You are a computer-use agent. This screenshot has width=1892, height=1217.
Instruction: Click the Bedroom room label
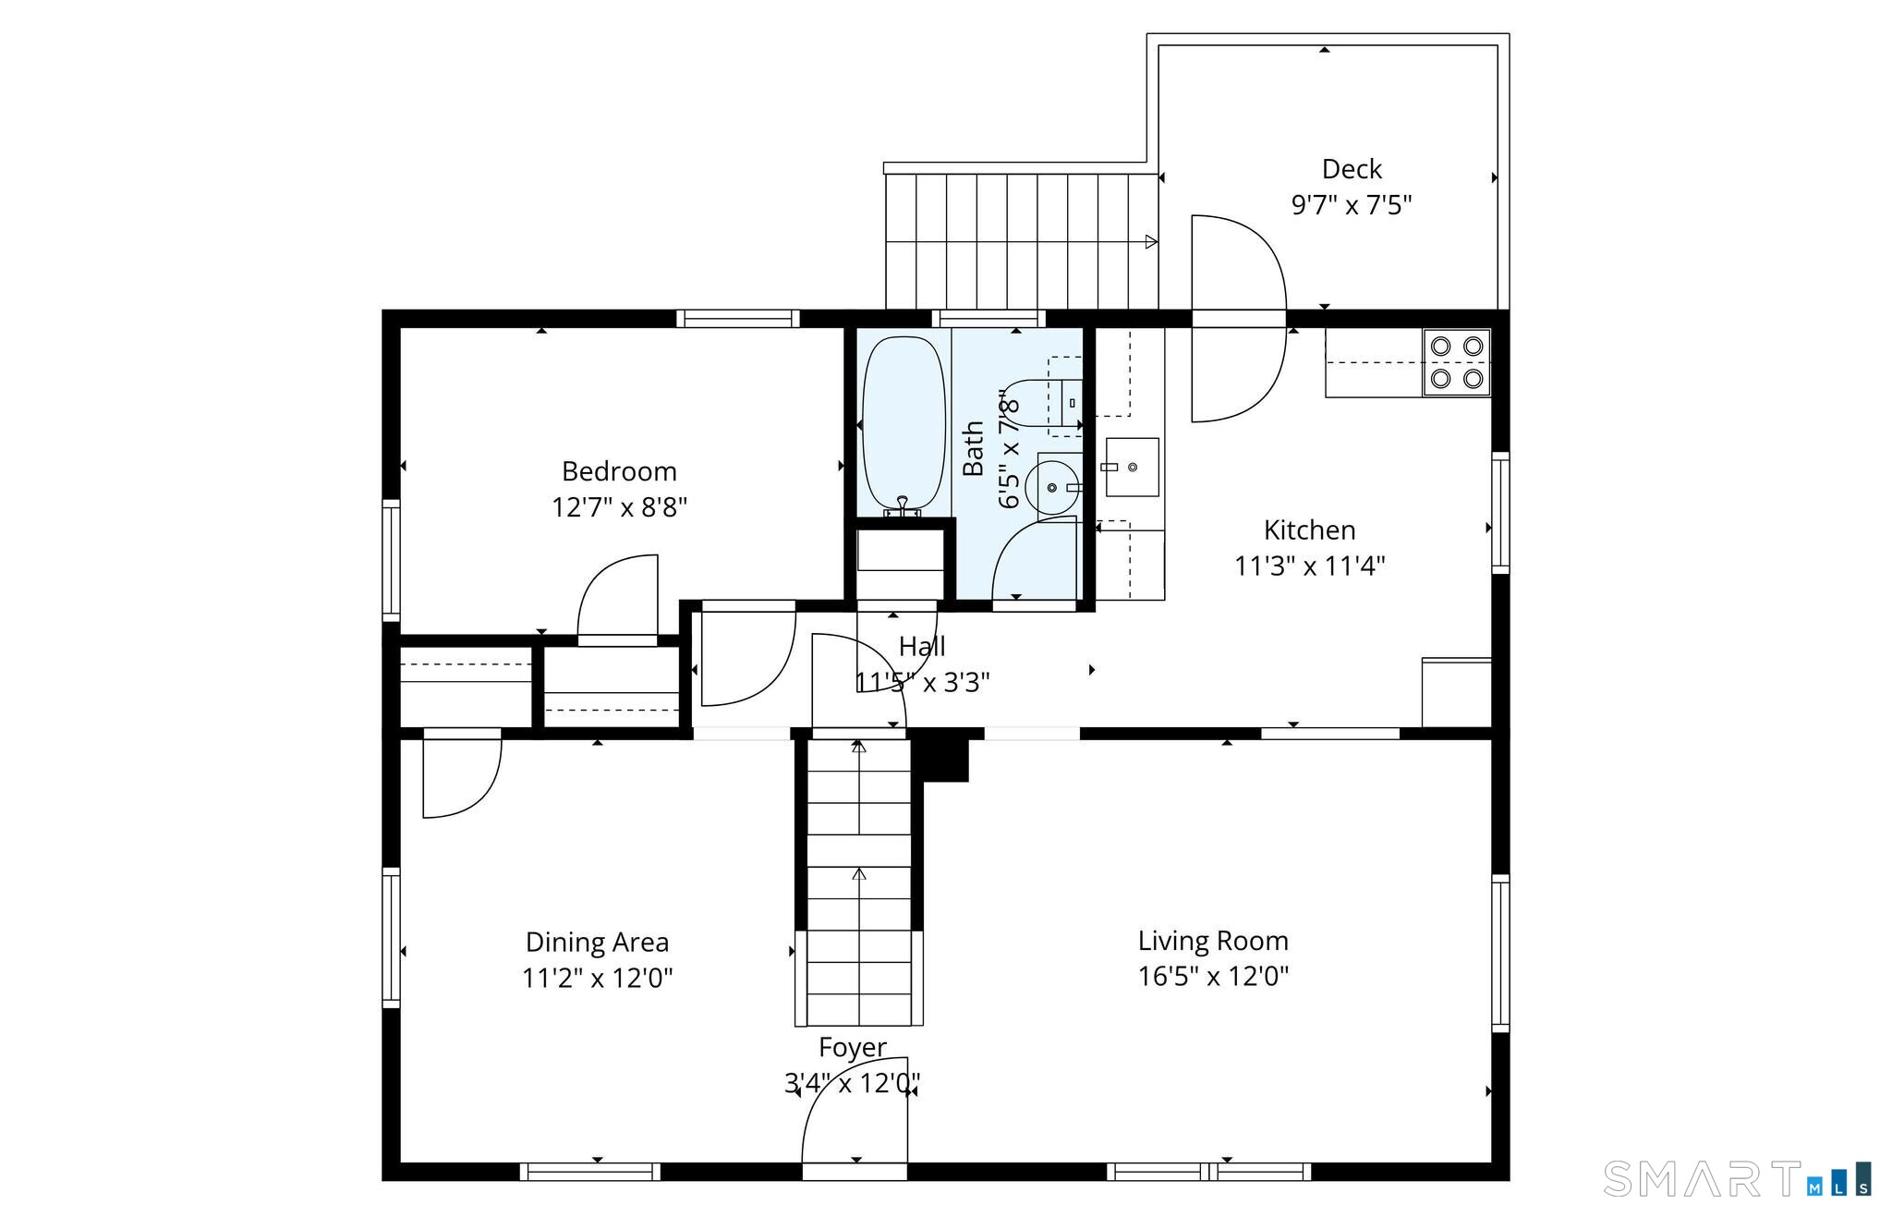pos(619,471)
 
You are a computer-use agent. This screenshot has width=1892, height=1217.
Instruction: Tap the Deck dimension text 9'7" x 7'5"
pos(1352,204)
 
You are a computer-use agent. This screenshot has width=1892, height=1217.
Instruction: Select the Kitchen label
pos(1309,529)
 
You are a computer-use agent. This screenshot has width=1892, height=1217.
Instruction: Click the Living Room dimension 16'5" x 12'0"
pos(1213,976)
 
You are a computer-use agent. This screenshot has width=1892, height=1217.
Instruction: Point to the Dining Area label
pos(597,942)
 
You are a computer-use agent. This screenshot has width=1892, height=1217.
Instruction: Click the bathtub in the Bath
pos(904,423)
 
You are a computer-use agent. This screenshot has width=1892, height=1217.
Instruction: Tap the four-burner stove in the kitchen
pos(1456,362)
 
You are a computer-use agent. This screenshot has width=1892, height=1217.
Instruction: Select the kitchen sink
pos(1132,467)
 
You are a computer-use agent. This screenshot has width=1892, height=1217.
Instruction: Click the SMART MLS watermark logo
pos(1737,1179)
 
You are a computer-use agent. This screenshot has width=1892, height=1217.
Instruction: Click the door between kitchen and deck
pos(1238,319)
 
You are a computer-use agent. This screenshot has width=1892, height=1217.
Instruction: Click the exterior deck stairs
pos(1021,241)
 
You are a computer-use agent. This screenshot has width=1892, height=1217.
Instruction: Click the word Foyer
pos(852,1047)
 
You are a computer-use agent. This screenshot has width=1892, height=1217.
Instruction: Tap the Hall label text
pos(922,646)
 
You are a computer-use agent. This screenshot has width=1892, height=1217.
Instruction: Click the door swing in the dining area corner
pos(462,776)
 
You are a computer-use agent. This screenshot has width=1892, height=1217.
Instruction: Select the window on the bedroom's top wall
pos(737,319)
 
